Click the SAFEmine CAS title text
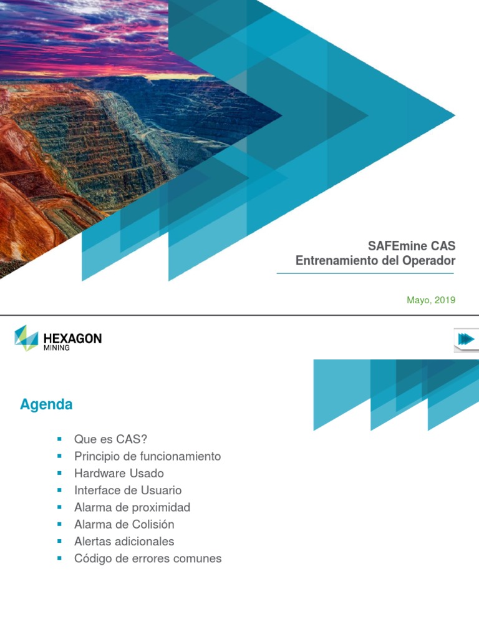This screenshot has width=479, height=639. (x=411, y=245)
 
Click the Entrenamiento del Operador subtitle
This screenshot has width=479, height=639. (x=375, y=261)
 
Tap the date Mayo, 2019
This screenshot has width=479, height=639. (x=431, y=300)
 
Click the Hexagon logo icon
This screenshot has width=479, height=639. (x=26, y=338)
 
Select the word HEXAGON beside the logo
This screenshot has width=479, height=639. (x=72, y=338)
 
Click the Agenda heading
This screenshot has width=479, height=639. (x=46, y=404)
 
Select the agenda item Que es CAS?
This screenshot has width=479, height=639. (x=110, y=439)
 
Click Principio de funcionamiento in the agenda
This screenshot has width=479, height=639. (x=147, y=456)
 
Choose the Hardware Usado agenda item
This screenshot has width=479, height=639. (x=119, y=473)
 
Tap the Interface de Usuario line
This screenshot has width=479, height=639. (x=128, y=490)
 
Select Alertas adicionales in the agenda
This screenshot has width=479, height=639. (x=124, y=541)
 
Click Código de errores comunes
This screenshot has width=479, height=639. (x=148, y=558)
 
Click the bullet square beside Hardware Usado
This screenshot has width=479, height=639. (x=60, y=473)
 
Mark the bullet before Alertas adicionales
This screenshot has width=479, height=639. (x=60, y=541)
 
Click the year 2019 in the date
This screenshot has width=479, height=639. (x=445, y=300)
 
